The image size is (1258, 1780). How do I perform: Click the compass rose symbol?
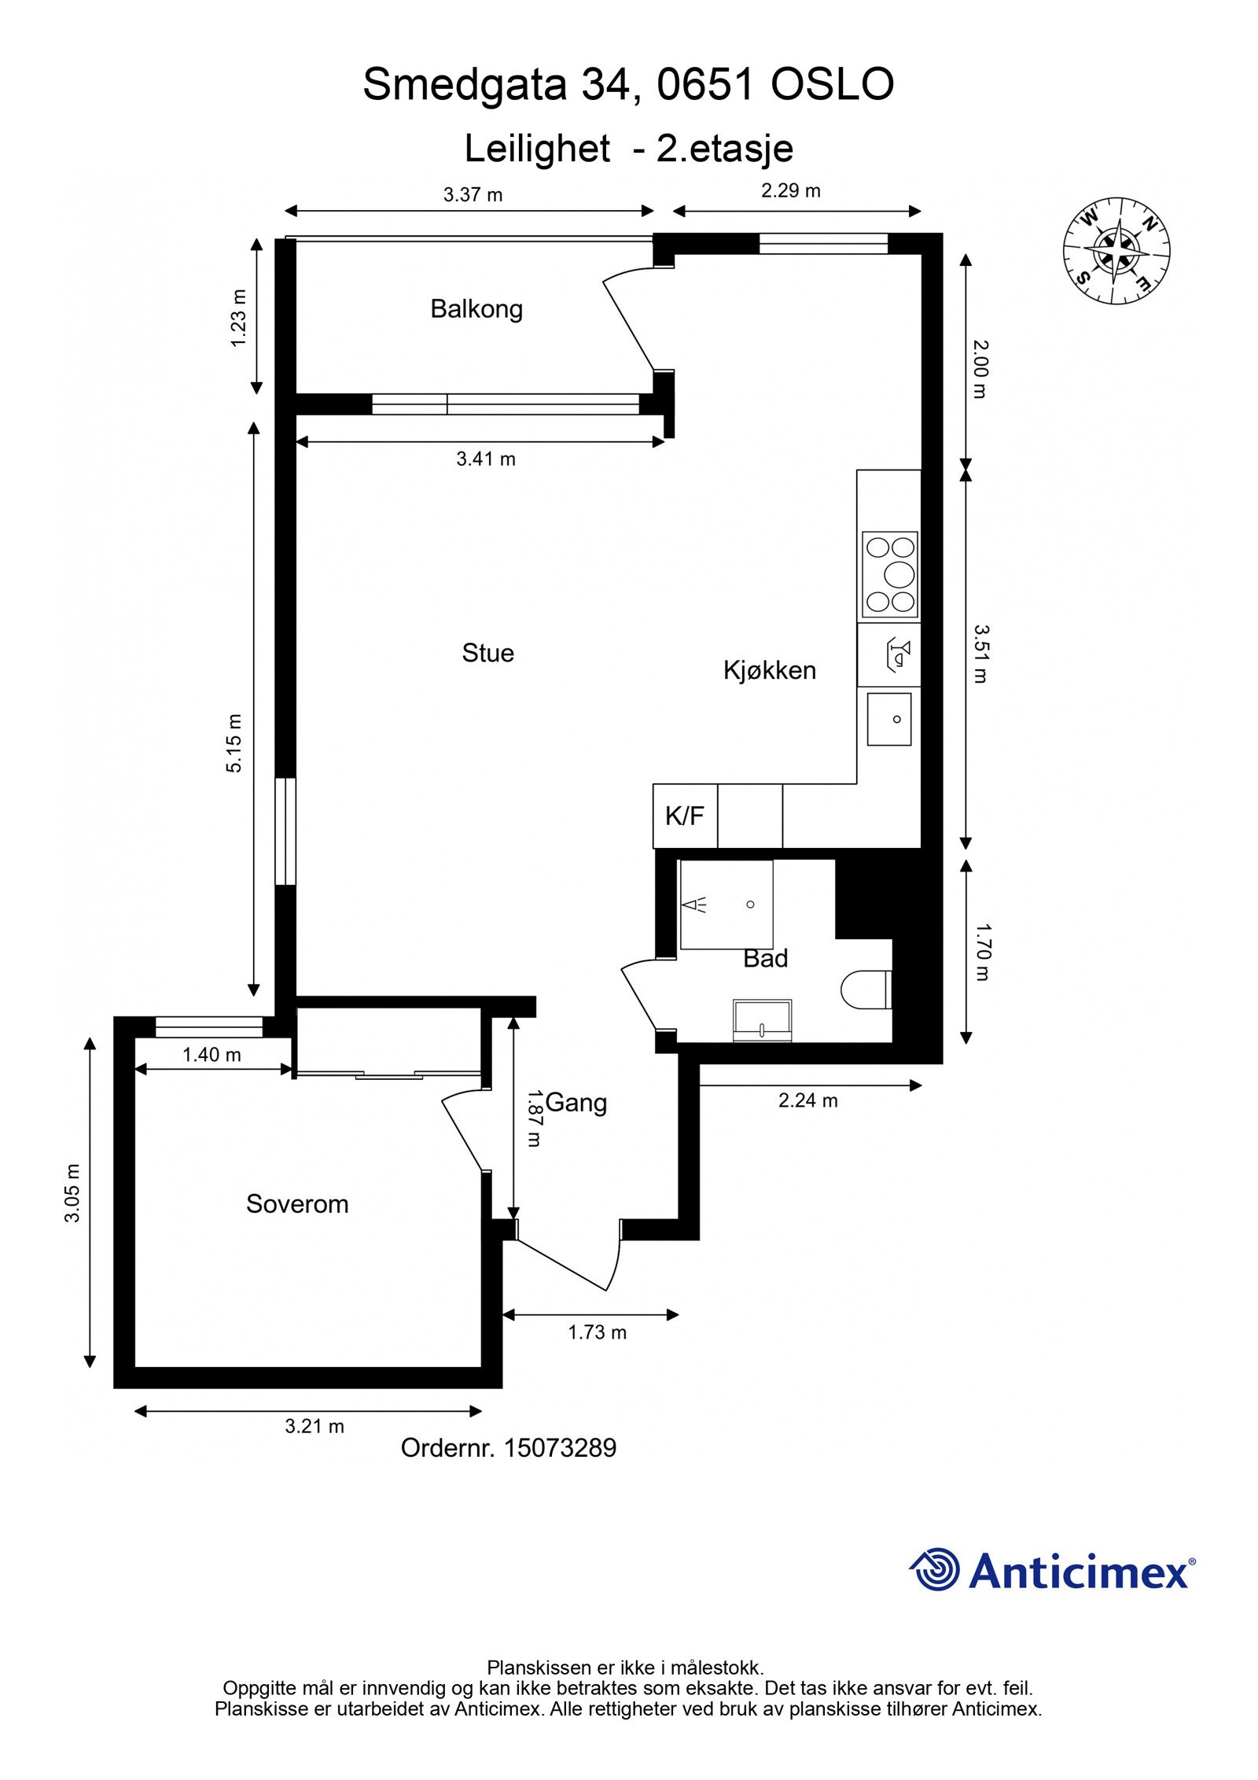(x=1116, y=250)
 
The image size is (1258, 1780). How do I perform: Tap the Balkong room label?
(x=476, y=308)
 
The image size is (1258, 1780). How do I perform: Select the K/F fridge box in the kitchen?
(x=684, y=816)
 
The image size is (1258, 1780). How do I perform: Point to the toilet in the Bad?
(x=864, y=989)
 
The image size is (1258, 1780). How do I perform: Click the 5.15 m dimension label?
(x=235, y=743)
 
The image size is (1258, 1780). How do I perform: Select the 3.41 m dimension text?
(x=485, y=459)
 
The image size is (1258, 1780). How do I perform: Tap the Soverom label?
(x=297, y=1203)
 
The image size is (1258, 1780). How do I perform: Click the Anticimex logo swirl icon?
(x=936, y=1569)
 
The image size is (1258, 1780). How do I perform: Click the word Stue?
(x=487, y=653)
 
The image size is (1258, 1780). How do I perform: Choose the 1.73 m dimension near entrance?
(x=597, y=1332)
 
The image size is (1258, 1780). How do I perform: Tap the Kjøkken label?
(x=769, y=670)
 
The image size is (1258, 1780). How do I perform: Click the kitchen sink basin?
(x=889, y=719)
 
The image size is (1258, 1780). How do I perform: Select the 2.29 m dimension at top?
(x=790, y=190)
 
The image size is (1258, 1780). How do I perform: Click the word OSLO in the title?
(x=832, y=84)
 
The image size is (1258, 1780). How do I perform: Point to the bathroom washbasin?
(x=762, y=1020)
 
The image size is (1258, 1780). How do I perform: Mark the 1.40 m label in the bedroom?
(x=212, y=1055)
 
